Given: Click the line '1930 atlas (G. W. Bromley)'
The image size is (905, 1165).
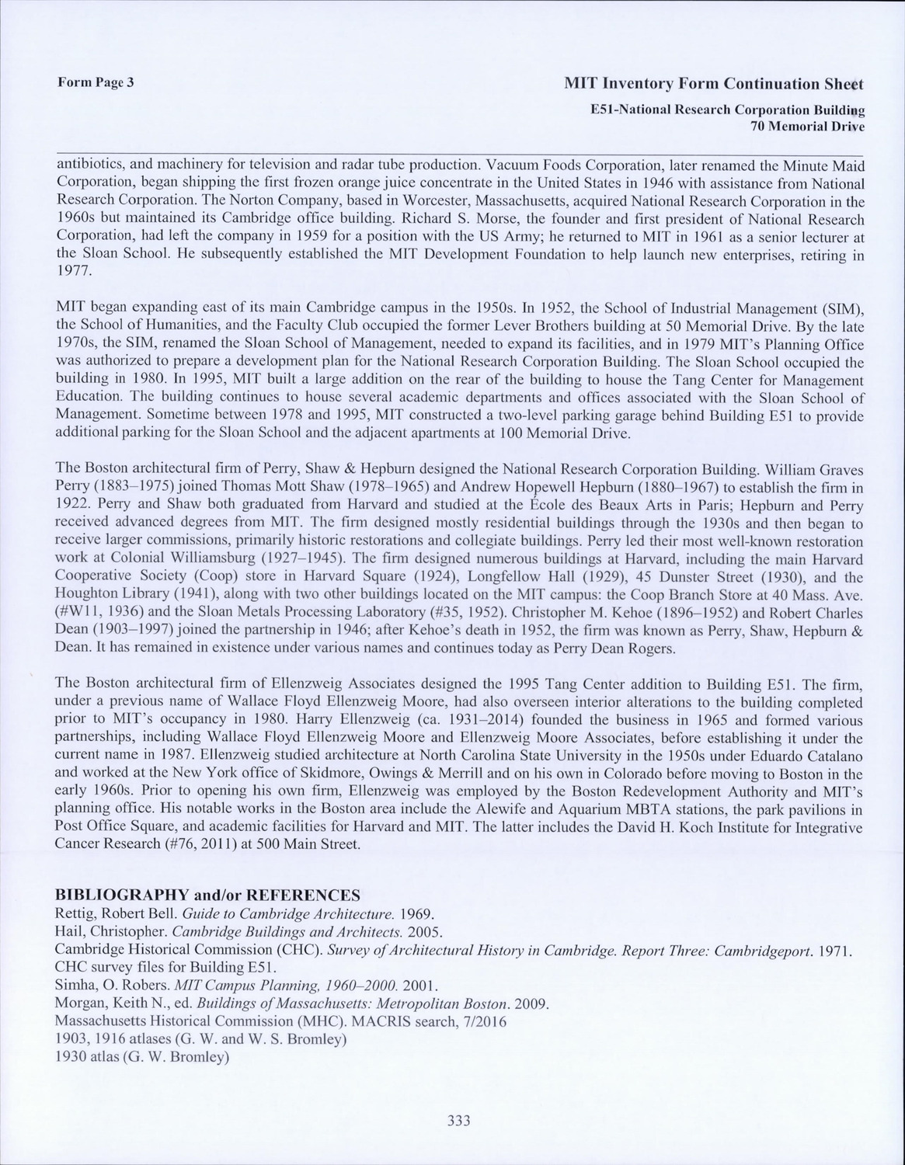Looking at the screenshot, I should click(143, 1057).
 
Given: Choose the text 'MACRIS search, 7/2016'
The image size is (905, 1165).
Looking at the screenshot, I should click(443, 1021).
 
